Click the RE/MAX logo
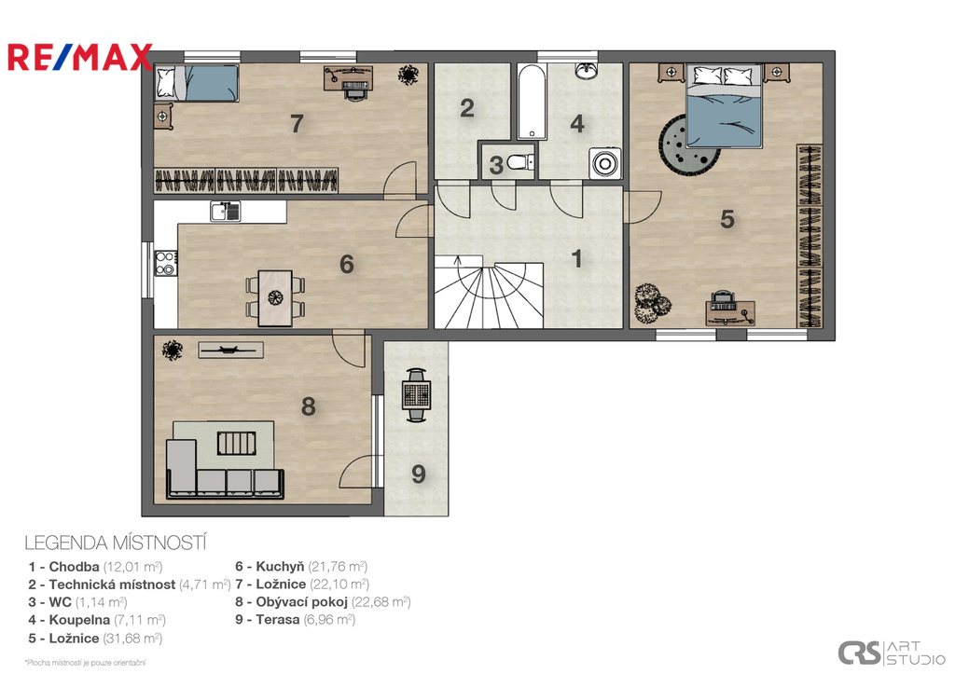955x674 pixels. [80, 57]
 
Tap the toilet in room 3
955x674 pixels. [520, 162]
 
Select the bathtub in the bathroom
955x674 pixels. [531, 102]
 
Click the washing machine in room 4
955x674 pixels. [605, 163]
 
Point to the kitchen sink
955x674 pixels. [226, 212]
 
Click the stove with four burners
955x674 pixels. [166, 262]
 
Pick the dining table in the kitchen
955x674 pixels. [275, 297]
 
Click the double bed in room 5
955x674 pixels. [724, 106]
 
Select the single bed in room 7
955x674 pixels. [198, 83]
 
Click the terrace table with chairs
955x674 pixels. [417, 394]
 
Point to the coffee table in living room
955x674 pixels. [236, 443]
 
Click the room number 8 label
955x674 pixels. [308, 406]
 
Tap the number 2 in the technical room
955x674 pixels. [467, 108]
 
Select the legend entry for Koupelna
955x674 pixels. [97, 620]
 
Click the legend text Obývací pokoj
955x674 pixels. [301, 602]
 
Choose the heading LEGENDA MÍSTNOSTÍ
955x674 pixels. [116, 543]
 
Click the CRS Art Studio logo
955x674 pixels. [891, 653]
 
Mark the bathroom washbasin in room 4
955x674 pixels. [587, 71]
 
